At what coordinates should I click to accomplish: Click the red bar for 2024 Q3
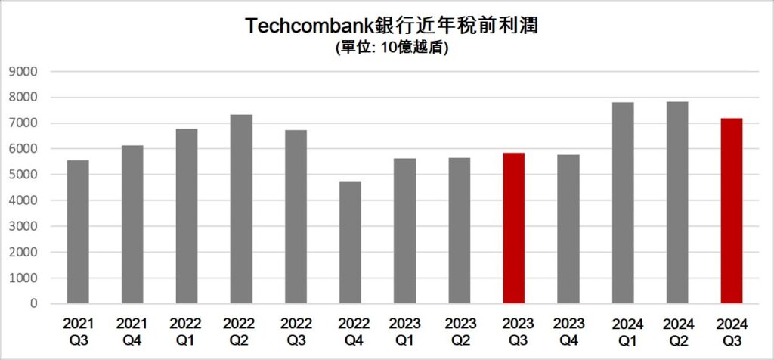click(731, 211)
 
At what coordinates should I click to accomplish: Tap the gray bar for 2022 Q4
click(350, 242)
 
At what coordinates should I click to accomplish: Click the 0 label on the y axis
click(35, 303)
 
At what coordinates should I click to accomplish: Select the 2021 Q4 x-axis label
click(132, 331)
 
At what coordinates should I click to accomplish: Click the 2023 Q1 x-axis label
click(404, 331)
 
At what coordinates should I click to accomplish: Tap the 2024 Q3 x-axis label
click(731, 331)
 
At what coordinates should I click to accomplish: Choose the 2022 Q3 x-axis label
click(296, 331)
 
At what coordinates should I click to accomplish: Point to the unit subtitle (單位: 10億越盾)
click(392, 48)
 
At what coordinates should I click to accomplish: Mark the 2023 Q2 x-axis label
click(459, 331)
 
